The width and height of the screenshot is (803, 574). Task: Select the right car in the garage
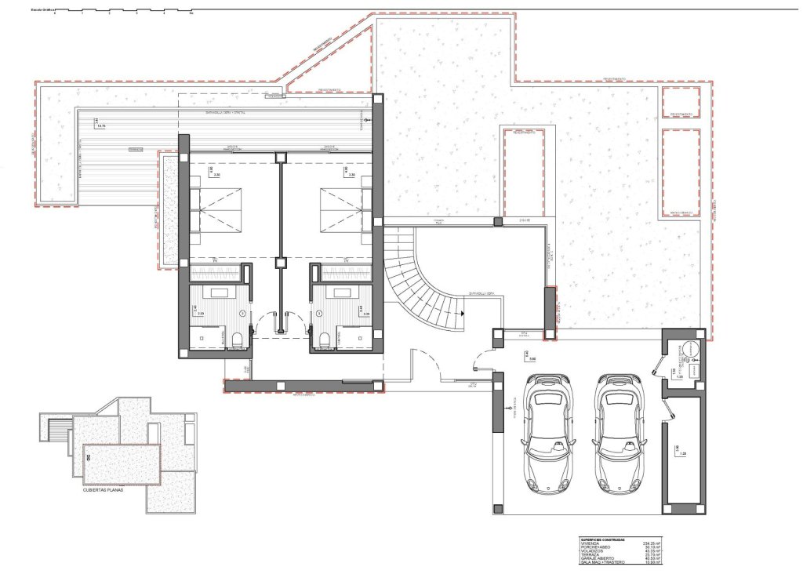tap(620, 433)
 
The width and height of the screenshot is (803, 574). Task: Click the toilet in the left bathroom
tap(237, 339)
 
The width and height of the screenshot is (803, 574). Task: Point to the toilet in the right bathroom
tap(325, 339)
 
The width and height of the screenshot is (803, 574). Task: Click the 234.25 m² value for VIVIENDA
tap(651, 543)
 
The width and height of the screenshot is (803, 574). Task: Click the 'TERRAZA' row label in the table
tap(590, 554)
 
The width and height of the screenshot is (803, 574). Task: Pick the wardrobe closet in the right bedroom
tap(343, 273)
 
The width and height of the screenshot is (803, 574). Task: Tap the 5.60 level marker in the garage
tap(531, 359)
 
